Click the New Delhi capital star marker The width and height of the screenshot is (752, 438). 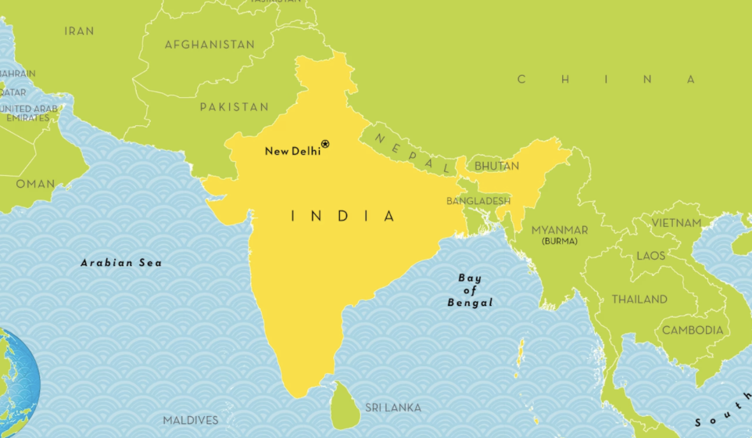click(x=325, y=144)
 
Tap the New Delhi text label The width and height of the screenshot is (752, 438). click(x=292, y=151)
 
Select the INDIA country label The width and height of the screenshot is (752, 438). click(x=344, y=216)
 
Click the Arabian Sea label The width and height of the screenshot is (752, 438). click(x=121, y=263)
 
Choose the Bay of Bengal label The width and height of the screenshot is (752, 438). click(x=470, y=290)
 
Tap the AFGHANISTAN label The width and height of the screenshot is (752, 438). click(x=209, y=45)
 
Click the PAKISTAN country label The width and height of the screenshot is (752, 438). click(x=234, y=106)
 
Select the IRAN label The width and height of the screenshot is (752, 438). click(x=79, y=31)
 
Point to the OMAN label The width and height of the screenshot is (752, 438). click(x=36, y=184)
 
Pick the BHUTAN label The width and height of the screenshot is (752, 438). click(x=496, y=166)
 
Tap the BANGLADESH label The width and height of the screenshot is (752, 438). click(x=478, y=201)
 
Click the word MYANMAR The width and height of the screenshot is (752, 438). click(x=560, y=230)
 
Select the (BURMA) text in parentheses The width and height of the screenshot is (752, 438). click(x=560, y=242)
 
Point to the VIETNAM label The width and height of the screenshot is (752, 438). click(x=676, y=223)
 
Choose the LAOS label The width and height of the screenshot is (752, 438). click(x=650, y=256)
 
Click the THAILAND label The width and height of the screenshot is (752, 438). click(x=639, y=299)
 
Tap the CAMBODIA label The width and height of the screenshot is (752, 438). click(x=693, y=330)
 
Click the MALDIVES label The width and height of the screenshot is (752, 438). click(x=191, y=420)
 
